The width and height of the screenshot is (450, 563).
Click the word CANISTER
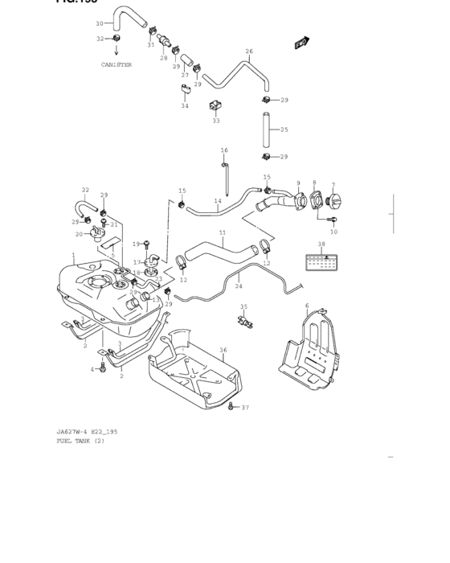tap(117, 64)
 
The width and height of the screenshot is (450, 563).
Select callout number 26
tap(249, 51)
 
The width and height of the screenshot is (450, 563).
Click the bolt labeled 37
tap(231, 406)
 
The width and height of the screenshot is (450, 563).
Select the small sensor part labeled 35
tap(244, 321)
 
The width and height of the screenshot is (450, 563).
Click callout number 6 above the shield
tap(307, 306)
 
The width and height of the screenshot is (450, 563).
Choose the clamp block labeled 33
tap(215, 107)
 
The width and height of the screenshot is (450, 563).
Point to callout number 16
tap(224, 150)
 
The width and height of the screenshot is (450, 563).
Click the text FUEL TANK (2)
tap(80, 441)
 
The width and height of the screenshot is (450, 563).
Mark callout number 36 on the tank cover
tap(223, 350)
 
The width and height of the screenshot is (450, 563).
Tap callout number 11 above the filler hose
tap(223, 232)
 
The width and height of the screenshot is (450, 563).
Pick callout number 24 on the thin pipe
tap(238, 286)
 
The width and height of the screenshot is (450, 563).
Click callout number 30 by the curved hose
tap(100, 23)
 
